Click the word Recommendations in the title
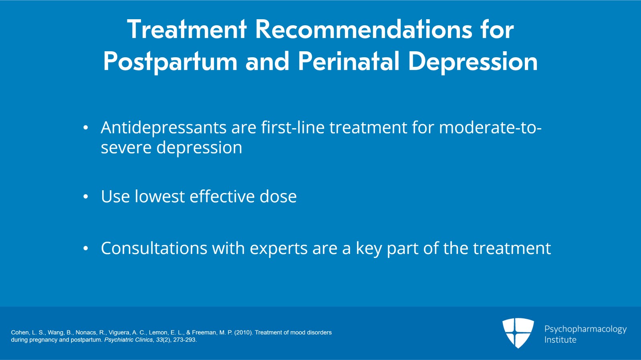363,30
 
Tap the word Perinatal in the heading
348,61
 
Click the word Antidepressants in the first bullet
164,128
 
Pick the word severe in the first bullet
126,148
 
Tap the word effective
222,196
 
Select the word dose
278,197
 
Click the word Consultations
154,248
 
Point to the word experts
278,249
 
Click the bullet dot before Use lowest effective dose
86,197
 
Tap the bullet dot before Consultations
86,248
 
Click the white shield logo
518,333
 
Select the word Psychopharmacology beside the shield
585,330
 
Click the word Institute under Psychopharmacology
560,340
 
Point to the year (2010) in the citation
244,332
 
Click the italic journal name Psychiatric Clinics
129,340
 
